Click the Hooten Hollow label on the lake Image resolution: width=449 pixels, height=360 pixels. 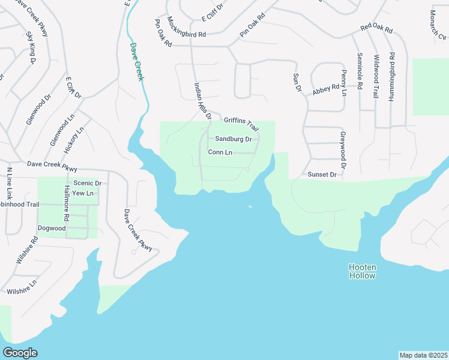tap(362, 271)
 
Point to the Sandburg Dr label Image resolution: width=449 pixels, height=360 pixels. tap(233, 139)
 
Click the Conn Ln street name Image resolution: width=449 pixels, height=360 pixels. tap(220, 152)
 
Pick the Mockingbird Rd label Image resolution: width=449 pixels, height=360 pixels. tap(187, 27)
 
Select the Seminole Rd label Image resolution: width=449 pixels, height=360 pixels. tap(360, 71)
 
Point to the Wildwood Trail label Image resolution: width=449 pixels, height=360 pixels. tap(376, 76)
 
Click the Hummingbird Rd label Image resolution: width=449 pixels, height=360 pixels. tap(391, 76)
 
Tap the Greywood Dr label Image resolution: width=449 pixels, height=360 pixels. tap(343, 150)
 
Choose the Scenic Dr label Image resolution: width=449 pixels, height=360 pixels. tap(88, 183)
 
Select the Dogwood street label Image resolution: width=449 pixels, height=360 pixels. tap(52, 228)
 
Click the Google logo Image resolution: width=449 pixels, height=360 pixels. tap(20, 353)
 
